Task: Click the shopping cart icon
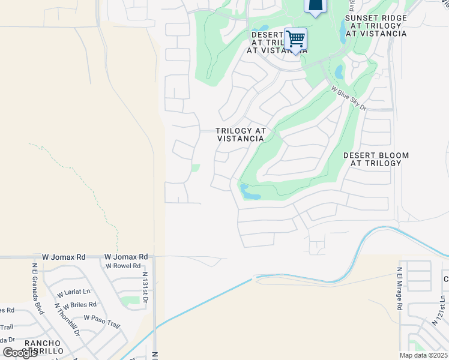(295, 40)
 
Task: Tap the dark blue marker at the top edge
(315, 5)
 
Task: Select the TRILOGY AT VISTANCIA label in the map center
(240, 134)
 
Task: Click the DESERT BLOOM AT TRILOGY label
(376, 159)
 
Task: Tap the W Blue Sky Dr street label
(349, 98)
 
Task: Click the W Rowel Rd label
(123, 266)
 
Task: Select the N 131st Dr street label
(145, 286)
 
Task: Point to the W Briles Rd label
(80, 305)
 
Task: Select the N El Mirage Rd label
(399, 289)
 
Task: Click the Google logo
(20, 353)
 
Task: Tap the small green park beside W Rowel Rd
(129, 300)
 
